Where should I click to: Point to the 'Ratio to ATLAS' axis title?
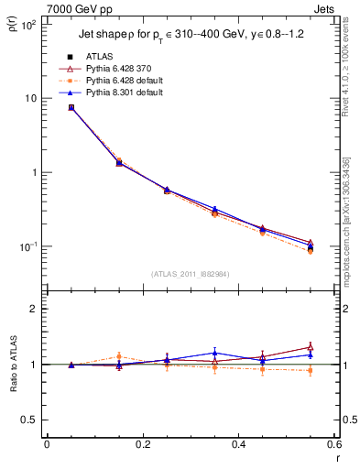pyautogui.click(x=12, y=365)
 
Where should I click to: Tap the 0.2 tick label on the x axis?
pyautogui.click(x=142, y=444)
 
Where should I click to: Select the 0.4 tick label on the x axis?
pyautogui.click(x=238, y=444)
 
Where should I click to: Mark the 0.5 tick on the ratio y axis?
pyautogui.click(x=32, y=420)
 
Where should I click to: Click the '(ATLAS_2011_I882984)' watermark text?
pyautogui.click(x=190, y=273)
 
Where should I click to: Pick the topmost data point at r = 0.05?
pyautogui.click(x=71, y=107)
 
